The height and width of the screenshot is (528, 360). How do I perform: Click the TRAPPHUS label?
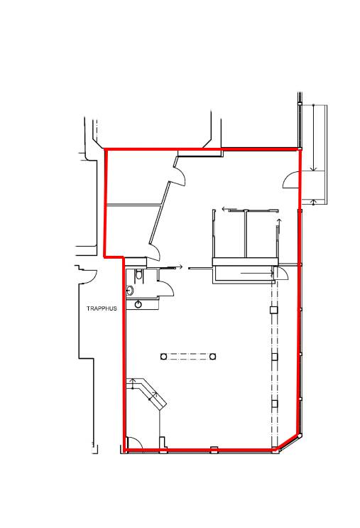point(102,308)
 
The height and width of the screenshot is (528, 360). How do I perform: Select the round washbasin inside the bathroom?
point(130,290)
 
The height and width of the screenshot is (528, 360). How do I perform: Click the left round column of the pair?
point(163,356)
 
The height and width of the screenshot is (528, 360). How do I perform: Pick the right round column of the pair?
point(212,356)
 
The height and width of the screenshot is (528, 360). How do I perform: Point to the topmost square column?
point(274,310)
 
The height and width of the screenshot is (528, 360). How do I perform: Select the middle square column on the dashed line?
point(275,357)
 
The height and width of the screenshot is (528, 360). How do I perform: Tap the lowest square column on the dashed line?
point(275,404)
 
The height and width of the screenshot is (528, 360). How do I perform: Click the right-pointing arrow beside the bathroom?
point(174,267)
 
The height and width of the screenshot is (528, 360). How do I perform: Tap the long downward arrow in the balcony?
point(314,137)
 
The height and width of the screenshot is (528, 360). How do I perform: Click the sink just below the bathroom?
point(138,305)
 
